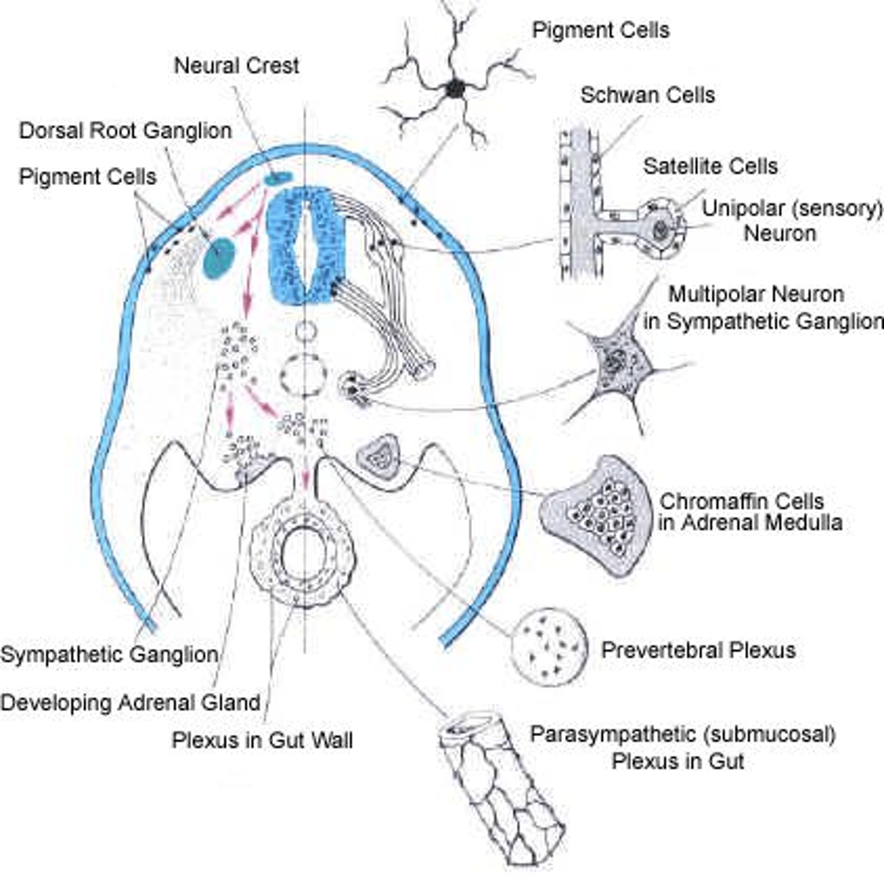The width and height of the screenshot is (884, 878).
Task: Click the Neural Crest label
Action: point(236,65)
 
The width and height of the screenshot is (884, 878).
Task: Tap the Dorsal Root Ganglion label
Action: point(125,131)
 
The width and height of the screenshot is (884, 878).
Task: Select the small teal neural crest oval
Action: point(278,178)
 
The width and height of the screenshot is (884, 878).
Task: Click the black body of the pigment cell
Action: point(455,89)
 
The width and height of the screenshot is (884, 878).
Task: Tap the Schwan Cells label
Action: point(648,95)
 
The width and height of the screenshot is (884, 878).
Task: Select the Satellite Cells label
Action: point(710,166)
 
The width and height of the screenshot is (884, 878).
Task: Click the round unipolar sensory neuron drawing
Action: point(660,229)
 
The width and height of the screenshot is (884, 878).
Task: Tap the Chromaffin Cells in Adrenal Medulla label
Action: point(750,512)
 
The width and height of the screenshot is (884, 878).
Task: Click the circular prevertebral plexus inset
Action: point(548,647)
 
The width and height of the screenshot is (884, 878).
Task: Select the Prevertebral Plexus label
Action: point(698,650)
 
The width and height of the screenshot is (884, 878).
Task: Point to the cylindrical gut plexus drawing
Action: point(502,790)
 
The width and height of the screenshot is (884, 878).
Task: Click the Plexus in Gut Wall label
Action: point(262,740)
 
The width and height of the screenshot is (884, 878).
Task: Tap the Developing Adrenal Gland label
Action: point(130,702)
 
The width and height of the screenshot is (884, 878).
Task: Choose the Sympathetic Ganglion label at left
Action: point(110,654)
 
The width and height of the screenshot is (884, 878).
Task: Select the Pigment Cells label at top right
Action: point(600,30)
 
